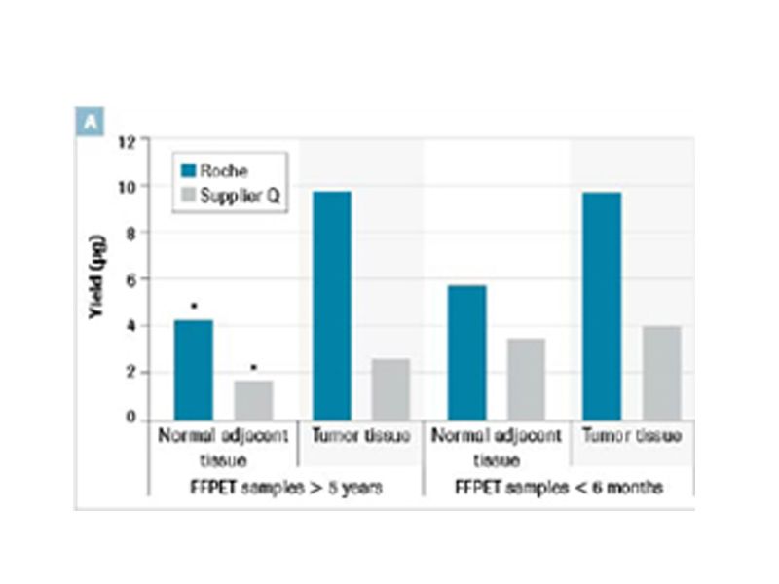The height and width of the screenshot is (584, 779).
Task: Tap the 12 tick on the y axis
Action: (x=127, y=139)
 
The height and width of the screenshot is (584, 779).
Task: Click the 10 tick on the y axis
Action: (x=127, y=186)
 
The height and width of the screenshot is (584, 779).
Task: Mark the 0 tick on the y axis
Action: (x=130, y=420)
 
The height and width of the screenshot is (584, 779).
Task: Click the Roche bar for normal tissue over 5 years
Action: (x=193, y=370)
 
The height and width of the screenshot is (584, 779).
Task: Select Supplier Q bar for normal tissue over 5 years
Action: (x=253, y=400)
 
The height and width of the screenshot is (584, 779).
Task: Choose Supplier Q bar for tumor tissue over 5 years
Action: (x=389, y=389)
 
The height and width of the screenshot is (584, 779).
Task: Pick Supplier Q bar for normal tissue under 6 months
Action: (x=526, y=380)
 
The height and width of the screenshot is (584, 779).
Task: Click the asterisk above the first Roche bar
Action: (x=194, y=307)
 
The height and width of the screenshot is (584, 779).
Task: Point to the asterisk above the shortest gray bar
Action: (x=253, y=368)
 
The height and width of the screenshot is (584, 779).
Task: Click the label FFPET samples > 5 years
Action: (x=283, y=487)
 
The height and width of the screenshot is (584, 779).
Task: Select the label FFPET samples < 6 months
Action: (x=559, y=487)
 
